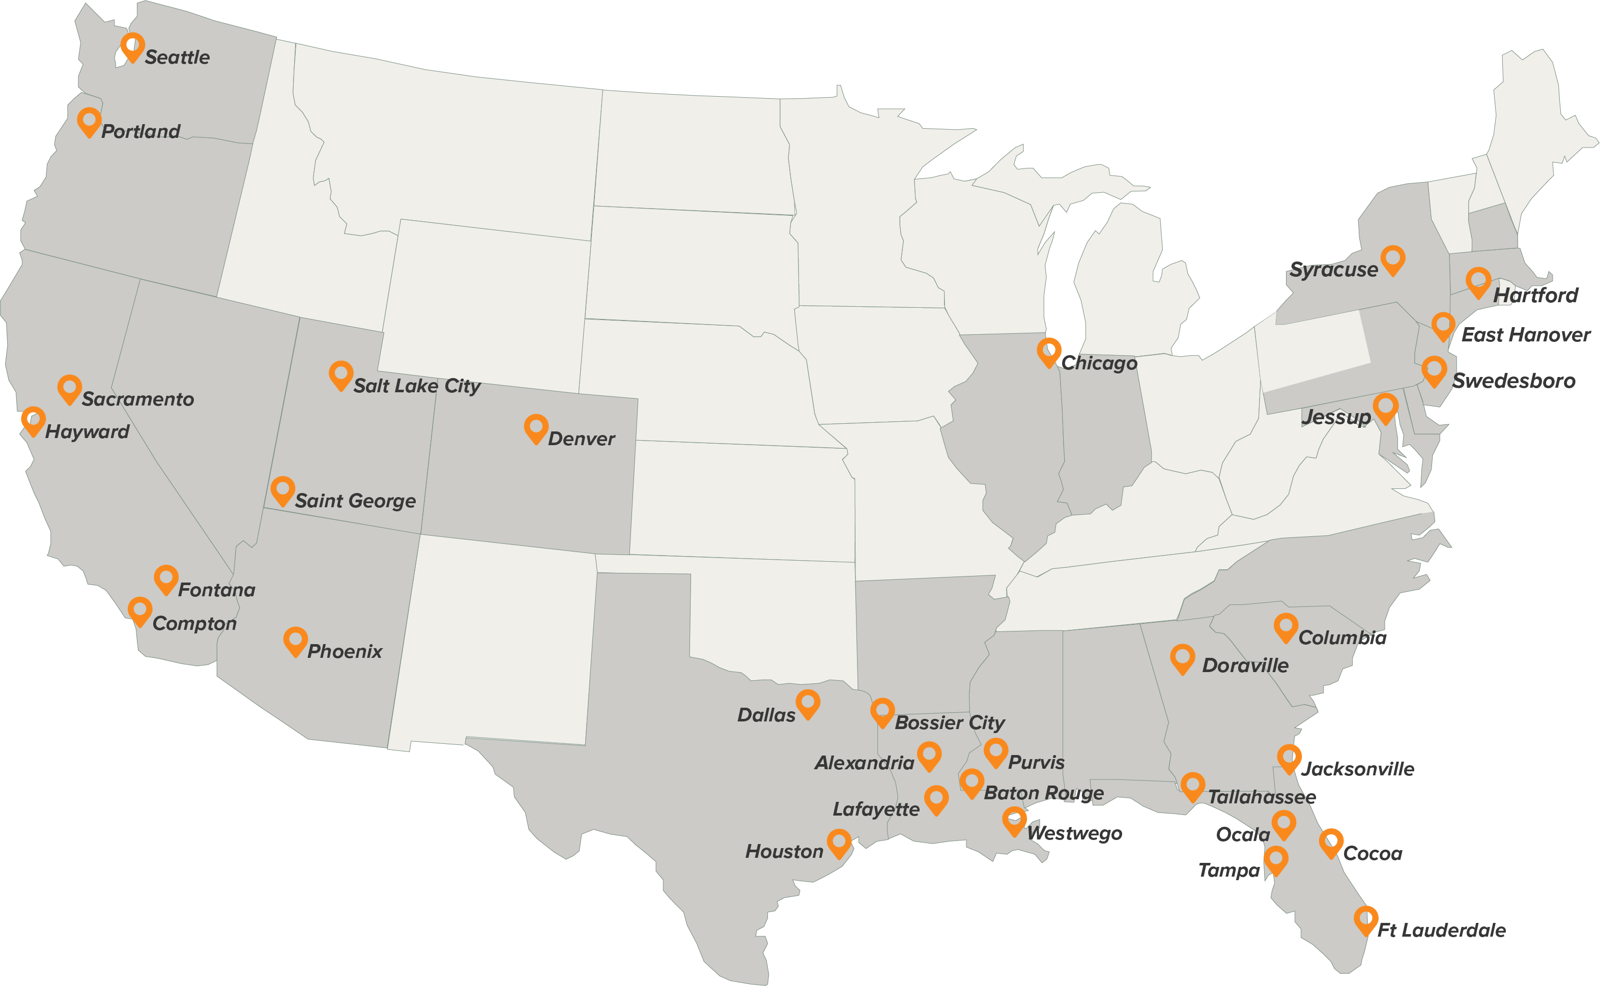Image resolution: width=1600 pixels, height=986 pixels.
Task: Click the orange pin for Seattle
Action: point(132,47)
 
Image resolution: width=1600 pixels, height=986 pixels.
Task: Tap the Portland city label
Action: point(141,131)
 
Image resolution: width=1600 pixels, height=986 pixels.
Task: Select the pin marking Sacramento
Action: point(69,389)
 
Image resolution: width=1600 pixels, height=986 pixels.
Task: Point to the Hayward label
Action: point(88,432)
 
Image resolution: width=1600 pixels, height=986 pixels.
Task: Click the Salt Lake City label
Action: point(417,386)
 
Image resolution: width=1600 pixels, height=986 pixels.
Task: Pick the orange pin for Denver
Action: point(535,428)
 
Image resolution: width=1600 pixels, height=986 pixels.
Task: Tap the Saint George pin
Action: point(282,490)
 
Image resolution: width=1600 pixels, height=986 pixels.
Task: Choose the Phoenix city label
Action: point(345,651)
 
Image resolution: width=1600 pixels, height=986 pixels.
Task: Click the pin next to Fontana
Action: point(166,579)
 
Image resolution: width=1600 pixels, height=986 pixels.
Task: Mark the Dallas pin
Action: point(808,704)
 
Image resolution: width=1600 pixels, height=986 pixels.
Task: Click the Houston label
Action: point(784,852)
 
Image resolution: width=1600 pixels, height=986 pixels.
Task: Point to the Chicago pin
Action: point(1049,352)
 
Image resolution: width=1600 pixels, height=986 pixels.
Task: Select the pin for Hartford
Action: point(1478,282)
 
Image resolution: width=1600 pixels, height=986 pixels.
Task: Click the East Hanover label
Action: point(1525,335)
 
